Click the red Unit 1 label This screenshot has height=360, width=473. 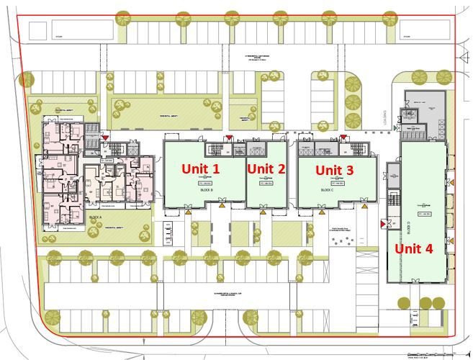pos(200,168)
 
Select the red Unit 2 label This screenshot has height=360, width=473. pos(266,168)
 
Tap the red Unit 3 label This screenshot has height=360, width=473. pos(335,170)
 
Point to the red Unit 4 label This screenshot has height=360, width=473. pos(413,248)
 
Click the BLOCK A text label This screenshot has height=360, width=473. pos(94,216)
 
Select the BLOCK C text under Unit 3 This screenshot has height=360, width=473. pos(326,191)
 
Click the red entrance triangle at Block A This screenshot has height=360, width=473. pos(106,135)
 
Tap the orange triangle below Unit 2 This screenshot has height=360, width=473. pos(262,206)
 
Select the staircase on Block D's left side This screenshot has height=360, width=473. pos(392,199)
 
